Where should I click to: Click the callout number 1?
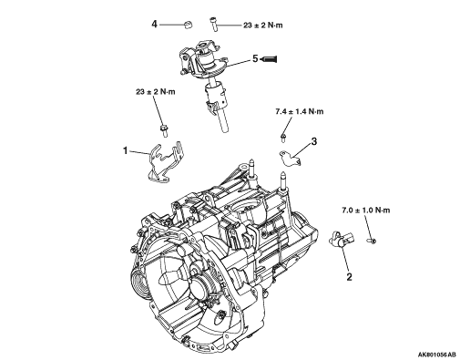(126, 150)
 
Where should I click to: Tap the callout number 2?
(349, 277)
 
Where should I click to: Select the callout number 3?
(314, 141)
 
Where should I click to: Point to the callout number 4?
(155, 24)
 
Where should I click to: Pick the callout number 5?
(255, 58)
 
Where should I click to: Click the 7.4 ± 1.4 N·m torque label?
(300, 111)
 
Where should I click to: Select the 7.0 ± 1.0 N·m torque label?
(366, 210)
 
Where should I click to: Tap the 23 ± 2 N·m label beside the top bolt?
(263, 26)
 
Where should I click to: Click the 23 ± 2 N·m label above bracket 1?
(156, 91)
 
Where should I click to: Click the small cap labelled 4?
(189, 25)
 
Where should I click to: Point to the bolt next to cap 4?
(213, 24)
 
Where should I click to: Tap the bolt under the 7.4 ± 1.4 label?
(283, 138)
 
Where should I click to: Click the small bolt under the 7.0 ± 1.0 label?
(372, 241)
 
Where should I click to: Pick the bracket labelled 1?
(165, 162)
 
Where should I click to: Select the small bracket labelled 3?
(290, 159)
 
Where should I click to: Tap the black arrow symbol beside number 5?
(269, 59)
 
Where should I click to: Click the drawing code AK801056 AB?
(437, 355)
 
